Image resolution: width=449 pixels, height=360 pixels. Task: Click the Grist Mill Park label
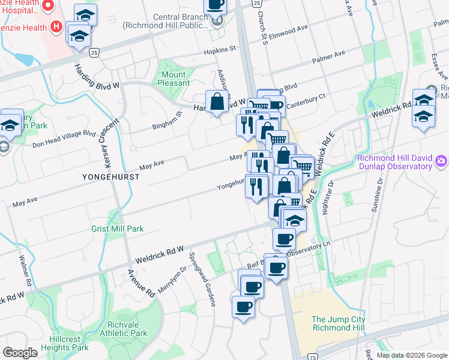point(117,229)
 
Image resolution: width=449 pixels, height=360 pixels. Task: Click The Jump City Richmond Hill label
point(339,323)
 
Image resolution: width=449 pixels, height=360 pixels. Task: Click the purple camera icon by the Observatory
point(442,161)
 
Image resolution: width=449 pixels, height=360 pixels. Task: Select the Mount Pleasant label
point(173,79)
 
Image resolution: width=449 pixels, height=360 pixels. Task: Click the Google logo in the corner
point(20,353)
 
